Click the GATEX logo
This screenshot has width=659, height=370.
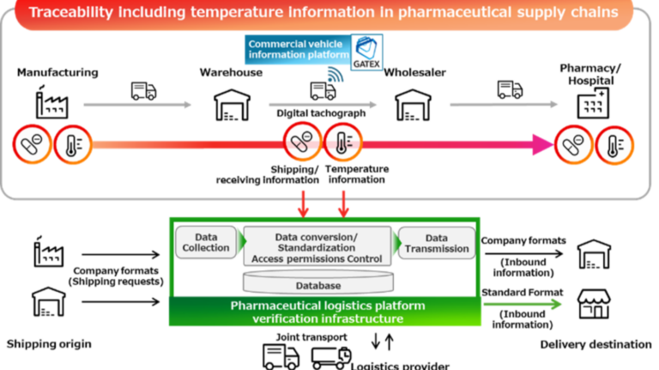click(x=366, y=51)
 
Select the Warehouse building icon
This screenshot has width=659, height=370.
click(x=230, y=105)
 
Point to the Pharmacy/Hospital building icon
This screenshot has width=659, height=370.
click(x=593, y=106)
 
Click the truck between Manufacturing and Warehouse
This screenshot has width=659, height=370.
click(x=143, y=91)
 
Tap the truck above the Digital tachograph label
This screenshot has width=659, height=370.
click(x=322, y=91)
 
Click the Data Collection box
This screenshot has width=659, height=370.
click(x=206, y=242)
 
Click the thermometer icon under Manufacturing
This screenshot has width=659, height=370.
click(x=72, y=144)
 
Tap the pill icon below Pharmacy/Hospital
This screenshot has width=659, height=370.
click(x=572, y=144)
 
